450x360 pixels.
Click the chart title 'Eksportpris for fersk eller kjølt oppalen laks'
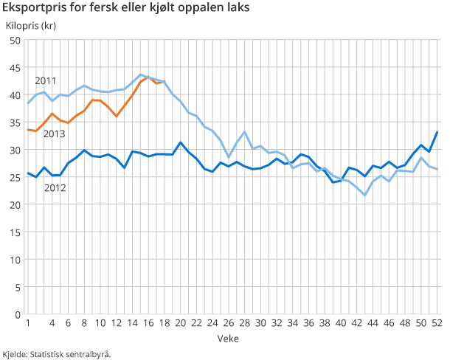125,8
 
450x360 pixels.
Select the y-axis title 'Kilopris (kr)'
31,26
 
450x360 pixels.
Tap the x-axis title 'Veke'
227,337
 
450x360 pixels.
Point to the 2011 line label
46,80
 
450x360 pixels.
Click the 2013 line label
54,134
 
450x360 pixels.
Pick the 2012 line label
55,187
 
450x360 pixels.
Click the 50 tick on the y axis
14,40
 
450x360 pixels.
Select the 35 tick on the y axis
14,122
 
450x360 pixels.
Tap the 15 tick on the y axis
14,232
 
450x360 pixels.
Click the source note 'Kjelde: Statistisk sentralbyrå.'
57,353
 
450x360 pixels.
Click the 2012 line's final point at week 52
437,132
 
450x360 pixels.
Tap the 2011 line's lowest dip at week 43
365,195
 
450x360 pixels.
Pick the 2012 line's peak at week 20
181,142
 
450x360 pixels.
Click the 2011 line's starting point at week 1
28,103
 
